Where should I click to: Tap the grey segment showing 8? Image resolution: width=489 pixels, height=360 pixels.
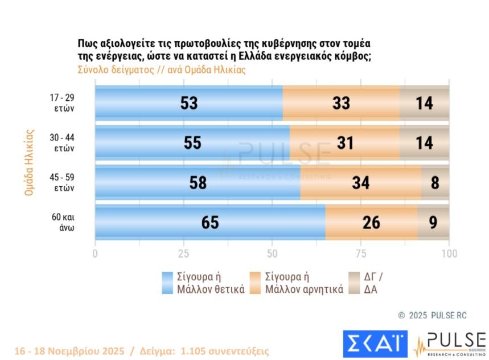coord(435,183)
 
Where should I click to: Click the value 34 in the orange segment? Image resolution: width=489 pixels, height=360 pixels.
coord(360,183)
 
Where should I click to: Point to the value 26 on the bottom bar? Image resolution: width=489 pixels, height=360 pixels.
coord(371,223)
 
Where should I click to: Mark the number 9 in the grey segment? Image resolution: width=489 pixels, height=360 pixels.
coord(433,223)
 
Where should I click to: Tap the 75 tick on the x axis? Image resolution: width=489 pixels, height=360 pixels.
coord(361,253)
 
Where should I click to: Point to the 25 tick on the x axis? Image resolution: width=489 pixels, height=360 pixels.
coord(183,253)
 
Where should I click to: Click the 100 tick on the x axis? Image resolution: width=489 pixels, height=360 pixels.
coord(449,253)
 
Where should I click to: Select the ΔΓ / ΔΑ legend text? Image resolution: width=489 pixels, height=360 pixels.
coord(373,283)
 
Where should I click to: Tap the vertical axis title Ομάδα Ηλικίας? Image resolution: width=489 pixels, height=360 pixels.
coord(30,163)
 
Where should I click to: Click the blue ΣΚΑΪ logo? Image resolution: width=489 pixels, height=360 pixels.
coord(375,343)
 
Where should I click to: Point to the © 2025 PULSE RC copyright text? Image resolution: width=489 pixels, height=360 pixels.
coord(432,315)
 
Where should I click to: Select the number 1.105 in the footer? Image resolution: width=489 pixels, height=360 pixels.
coord(196,351)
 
